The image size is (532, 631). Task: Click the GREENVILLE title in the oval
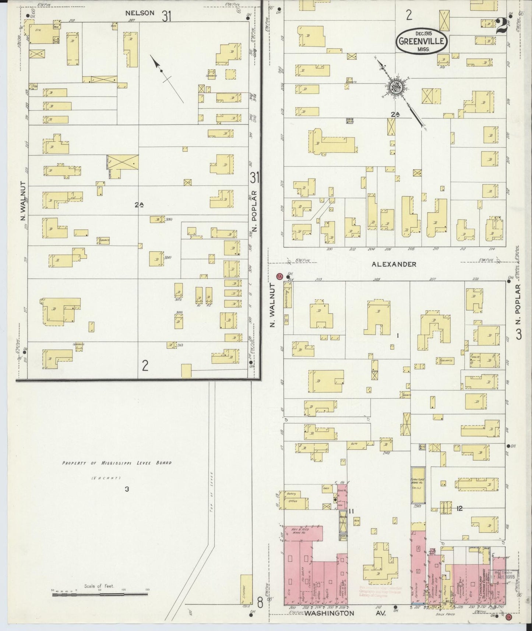(422, 41)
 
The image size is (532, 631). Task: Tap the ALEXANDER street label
(394, 264)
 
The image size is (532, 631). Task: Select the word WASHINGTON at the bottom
(329, 613)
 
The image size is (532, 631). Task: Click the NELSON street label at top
(140, 13)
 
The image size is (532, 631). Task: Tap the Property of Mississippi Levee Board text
(116, 463)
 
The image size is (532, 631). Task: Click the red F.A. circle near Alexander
(279, 276)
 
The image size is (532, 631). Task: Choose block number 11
(351, 511)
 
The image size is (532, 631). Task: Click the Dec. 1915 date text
(422, 33)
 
